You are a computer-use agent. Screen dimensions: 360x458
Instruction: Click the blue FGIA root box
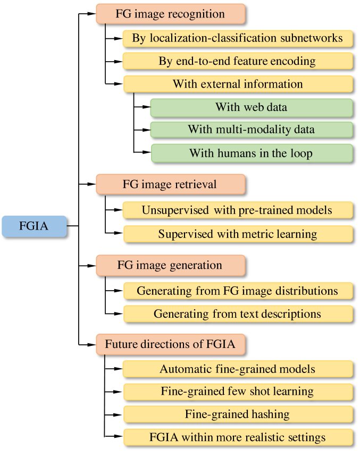pos(34,226)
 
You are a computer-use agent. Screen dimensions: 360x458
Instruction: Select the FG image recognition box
pos(171,14)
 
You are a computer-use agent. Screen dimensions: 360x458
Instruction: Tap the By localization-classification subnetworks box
pos(238,38)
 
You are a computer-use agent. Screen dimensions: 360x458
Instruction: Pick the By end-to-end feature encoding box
pos(238,61)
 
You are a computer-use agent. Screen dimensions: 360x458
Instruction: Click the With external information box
pos(238,84)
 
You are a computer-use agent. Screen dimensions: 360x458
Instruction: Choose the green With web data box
pos(252,107)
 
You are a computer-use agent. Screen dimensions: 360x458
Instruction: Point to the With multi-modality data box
pos(252,130)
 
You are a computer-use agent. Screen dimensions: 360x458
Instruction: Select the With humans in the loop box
pos(252,153)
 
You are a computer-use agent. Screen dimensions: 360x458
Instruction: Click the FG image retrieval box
pos(171,184)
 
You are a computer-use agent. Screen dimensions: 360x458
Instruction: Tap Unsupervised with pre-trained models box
pos(238,210)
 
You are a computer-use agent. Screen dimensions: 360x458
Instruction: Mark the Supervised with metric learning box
pos(238,234)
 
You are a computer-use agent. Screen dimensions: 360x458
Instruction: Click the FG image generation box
pos(171,265)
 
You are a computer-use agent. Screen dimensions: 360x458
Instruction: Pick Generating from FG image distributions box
pos(238,291)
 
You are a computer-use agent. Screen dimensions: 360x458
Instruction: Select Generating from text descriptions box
pos(238,314)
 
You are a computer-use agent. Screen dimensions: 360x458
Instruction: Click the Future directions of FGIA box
pos(171,344)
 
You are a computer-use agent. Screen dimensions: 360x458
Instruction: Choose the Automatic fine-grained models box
pos(238,369)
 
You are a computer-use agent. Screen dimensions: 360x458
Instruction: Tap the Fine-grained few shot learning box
pos(238,392)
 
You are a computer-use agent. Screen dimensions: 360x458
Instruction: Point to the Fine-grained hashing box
pos(238,414)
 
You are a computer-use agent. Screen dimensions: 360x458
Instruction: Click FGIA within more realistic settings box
pos(238,437)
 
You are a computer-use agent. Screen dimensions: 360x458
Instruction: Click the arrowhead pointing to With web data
pos(147,107)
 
